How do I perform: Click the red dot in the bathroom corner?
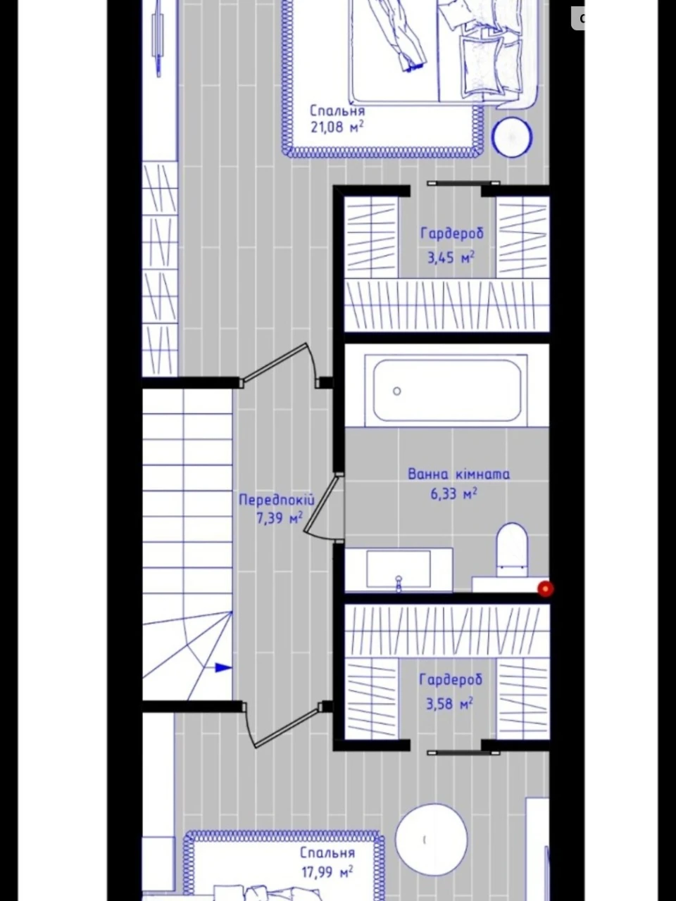point(546,589)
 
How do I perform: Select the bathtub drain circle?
point(396,391)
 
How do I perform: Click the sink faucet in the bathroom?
point(398,584)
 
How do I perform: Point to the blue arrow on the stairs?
point(224,668)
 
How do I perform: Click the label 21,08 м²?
point(337,127)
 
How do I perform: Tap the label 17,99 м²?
point(327,869)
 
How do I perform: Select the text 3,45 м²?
point(451,258)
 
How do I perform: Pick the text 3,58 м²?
point(450,704)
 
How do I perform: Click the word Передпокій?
point(277,500)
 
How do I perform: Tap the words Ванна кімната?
point(459,474)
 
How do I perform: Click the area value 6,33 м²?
point(453,493)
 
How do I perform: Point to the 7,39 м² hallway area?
point(280,519)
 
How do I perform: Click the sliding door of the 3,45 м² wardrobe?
point(463,183)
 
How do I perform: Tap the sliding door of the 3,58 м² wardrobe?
point(463,752)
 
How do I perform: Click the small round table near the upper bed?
point(512,137)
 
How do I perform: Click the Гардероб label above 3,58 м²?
point(451,680)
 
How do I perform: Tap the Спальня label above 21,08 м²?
point(337,111)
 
